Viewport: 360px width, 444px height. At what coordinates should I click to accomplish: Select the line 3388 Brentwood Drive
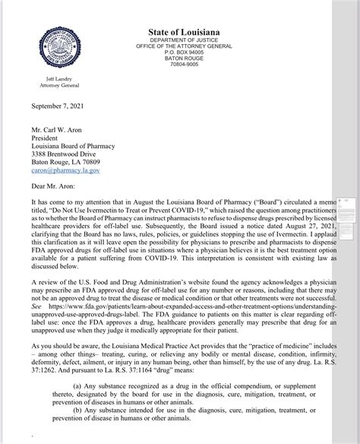click(x=70, y=151)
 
